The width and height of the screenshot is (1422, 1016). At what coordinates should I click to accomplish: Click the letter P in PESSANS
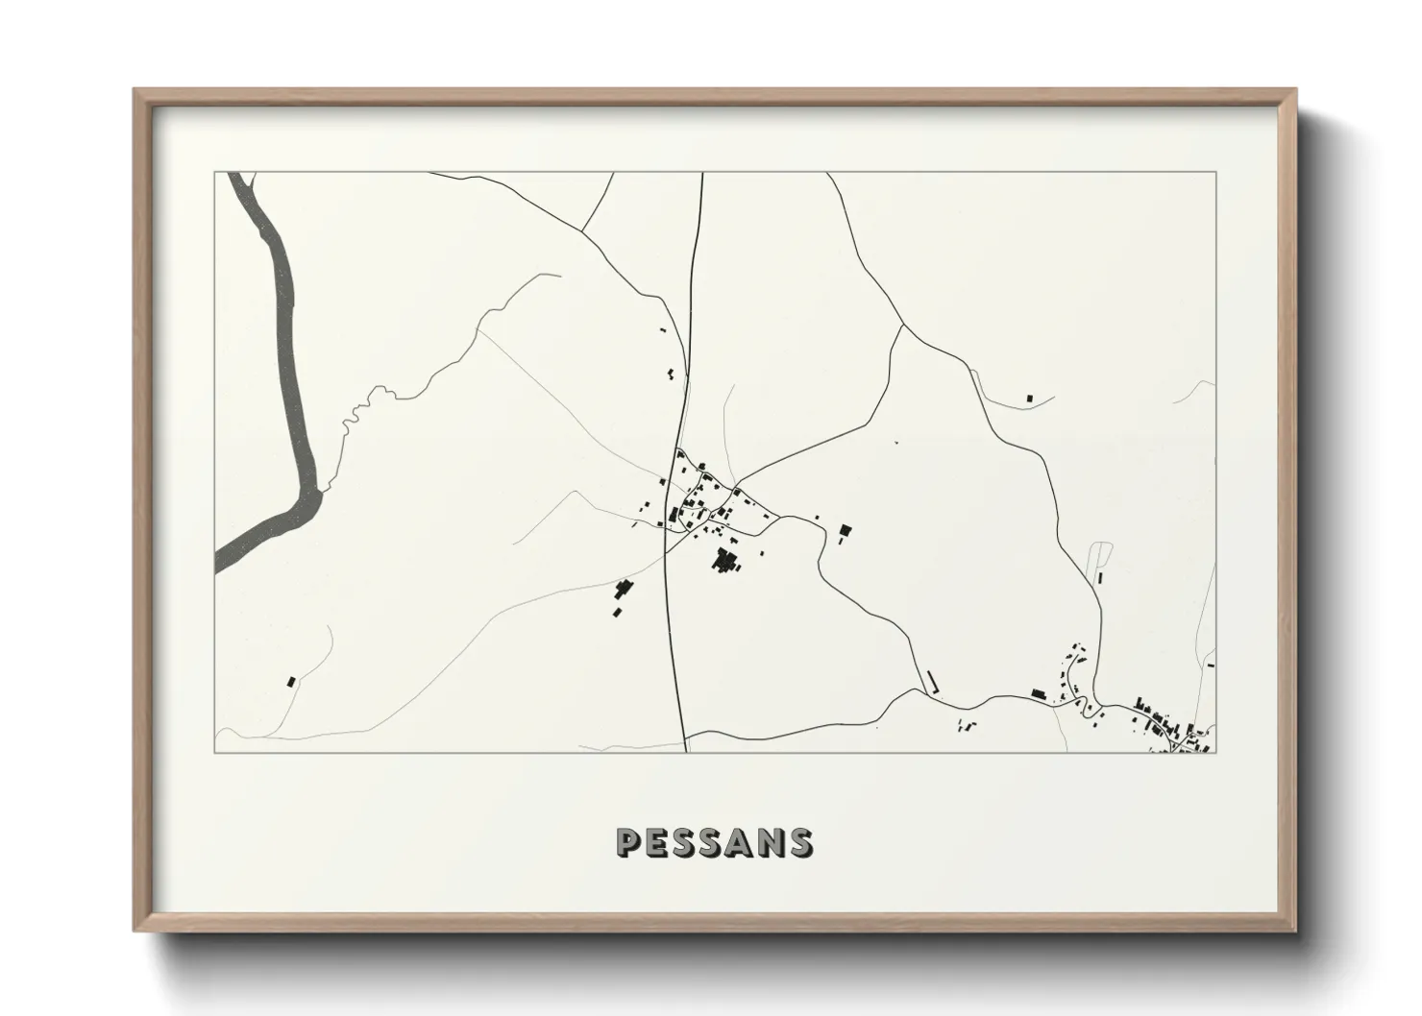[629, 842]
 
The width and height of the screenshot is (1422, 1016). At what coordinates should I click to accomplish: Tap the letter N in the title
[769, 842]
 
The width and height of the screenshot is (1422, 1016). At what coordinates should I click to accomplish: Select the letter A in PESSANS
[738, 842]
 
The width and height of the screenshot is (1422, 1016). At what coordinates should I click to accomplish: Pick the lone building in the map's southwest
[290, 681]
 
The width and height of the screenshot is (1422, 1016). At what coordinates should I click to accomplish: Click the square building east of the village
[846, 529]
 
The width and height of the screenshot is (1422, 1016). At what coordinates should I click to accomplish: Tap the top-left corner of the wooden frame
[135, 90]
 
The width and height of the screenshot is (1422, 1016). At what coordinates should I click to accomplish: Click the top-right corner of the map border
[1215, 173]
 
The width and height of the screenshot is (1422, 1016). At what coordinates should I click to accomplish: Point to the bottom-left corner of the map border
[215, 752]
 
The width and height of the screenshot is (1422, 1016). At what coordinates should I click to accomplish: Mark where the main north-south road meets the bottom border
[685, 752]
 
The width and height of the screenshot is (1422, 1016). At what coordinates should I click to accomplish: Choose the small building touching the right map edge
[1212, 665]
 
